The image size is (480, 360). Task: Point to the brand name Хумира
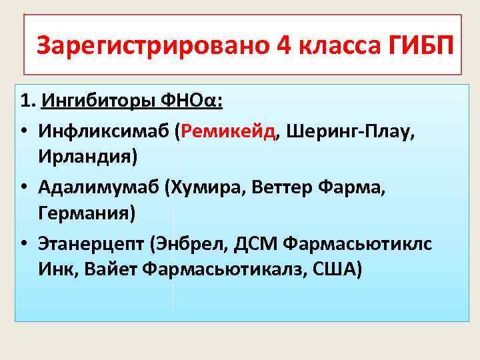pyautogui.click(x=216, y=188)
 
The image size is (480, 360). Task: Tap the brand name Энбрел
pyautogui.click(x=193, y=244)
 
